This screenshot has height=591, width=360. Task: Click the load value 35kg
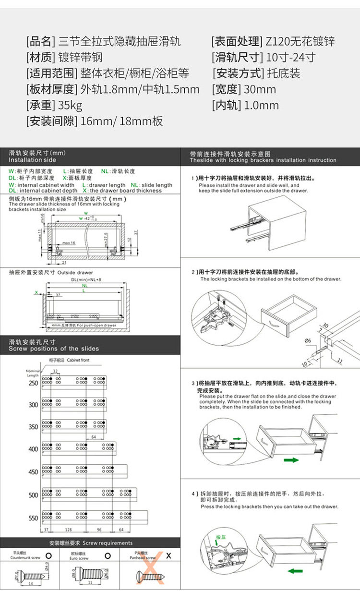(x=70, y=105)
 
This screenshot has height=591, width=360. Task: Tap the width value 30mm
(x=260, y=89)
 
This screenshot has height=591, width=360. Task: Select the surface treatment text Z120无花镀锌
(x=300, y=41)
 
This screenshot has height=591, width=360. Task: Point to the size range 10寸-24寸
(x=290, y=58)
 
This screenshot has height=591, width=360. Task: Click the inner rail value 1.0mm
(x=261, y=105)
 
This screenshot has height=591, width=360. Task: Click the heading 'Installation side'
(x=32, y=160)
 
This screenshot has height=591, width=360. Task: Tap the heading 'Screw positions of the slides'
(x=54, y=349)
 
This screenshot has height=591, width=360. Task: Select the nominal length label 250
(x=33, y=383)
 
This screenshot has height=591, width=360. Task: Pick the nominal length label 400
(x=33, y=449)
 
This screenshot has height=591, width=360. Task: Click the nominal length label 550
(x=33, y=519)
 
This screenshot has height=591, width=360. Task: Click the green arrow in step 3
(x=290, y=460)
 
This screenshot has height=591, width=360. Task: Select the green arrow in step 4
(x=296, y=571)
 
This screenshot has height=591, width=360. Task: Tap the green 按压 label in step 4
(x=221, y=537)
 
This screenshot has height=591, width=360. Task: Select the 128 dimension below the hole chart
(x=68, y=530)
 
